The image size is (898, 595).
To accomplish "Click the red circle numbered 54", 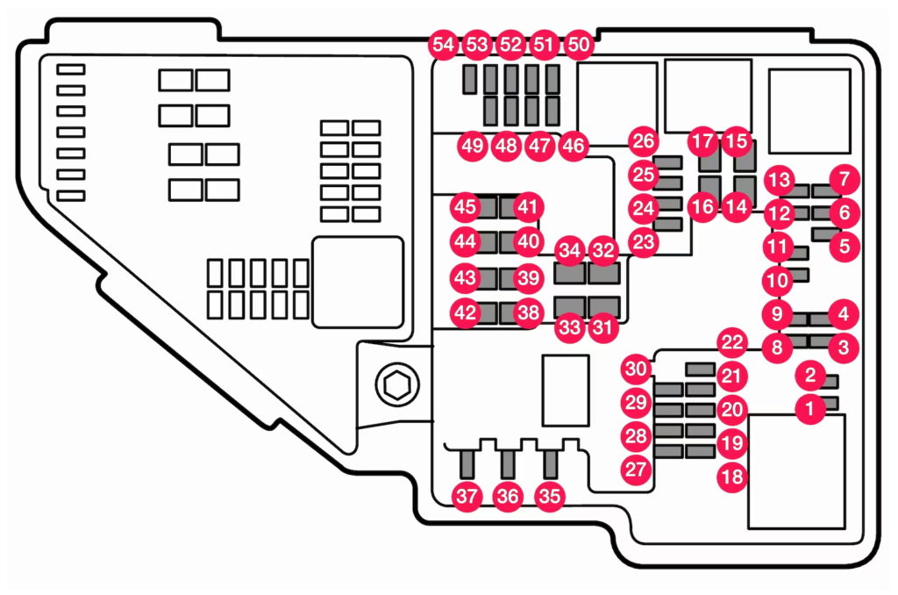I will [444, 44].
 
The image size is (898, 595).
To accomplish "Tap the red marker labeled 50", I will [578, 44].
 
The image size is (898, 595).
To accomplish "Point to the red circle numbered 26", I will [643, 141].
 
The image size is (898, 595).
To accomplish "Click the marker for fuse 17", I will [702, 140].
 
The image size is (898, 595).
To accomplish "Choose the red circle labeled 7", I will [844, 181].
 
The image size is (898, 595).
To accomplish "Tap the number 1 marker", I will [810, 407].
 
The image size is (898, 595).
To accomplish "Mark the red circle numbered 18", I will [732, 477].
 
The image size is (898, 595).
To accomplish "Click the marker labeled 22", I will [731, 342].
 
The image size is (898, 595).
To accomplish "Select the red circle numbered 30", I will [636, 369].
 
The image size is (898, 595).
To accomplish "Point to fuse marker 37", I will [467, 497].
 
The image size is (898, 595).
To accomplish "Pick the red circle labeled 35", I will [550, 497].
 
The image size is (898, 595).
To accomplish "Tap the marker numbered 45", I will [465, 208].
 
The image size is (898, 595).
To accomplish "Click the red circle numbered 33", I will [570, 328].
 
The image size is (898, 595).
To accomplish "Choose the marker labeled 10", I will [777, 282].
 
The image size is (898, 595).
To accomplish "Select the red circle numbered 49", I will [473, 146].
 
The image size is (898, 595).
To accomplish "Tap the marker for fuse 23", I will [644, 241].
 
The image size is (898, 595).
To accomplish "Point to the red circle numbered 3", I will [844, 348].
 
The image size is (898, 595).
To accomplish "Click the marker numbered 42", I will [465, 312].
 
